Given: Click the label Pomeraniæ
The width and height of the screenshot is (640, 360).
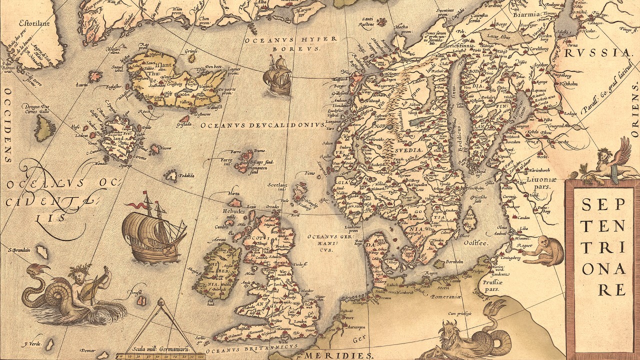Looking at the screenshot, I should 447,296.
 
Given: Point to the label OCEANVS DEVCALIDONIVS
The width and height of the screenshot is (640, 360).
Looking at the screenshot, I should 262,125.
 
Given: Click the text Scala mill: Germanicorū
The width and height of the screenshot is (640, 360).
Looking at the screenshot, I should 161,348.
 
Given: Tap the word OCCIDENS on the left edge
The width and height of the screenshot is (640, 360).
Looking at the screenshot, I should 8,125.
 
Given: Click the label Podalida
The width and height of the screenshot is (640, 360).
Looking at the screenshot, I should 185,175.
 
